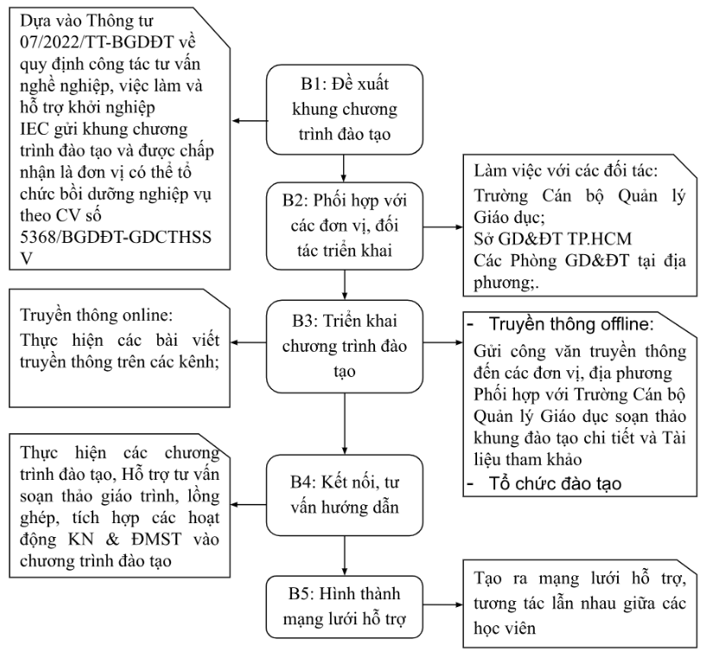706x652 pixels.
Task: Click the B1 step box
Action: [x=345, y=110]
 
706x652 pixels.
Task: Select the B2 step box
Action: [x=345, y=226]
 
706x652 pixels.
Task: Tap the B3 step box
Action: [x=345, y=347]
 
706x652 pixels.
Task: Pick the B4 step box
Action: [x=345, y=495]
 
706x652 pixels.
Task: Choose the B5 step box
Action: [x=345, y=606]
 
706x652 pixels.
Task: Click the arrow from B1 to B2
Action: [x=344, y=169]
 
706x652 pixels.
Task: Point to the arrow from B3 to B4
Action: [x=345, y=424]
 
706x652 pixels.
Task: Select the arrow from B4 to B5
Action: [x=345, y=555]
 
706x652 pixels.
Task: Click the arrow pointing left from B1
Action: [x=250, y=121]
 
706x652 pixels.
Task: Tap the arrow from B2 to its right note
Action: [x=443, y=227]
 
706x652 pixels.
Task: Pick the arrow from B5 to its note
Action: [x=443, y=604]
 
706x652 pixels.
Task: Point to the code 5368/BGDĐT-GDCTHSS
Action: [x=116, y=237]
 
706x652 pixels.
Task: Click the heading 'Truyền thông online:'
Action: [x=97, y=315]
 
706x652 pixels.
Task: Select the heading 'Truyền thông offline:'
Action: [x=571, y=324]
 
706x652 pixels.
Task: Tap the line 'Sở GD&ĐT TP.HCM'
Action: [x=552, y=239]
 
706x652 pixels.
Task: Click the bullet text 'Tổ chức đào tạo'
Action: [x=555, y=483]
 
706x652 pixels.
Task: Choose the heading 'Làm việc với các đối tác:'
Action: [x=565, y=170]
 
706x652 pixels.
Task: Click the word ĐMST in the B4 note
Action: [x=156, y=540]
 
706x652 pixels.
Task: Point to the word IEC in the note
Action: [x=35, y=130]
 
